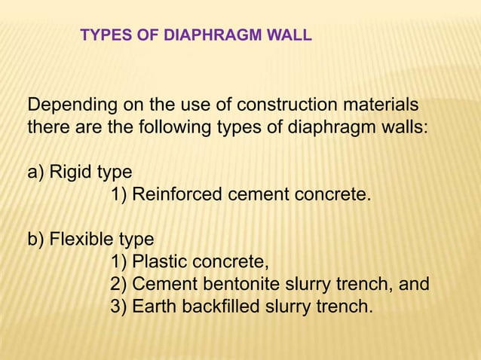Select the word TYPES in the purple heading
coord(103,35)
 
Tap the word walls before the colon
coord(401,126)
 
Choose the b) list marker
coord(36,239)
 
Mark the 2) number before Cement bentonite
coord(118,285)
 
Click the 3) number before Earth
coord(118,307)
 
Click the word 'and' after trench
coord(414,284)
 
